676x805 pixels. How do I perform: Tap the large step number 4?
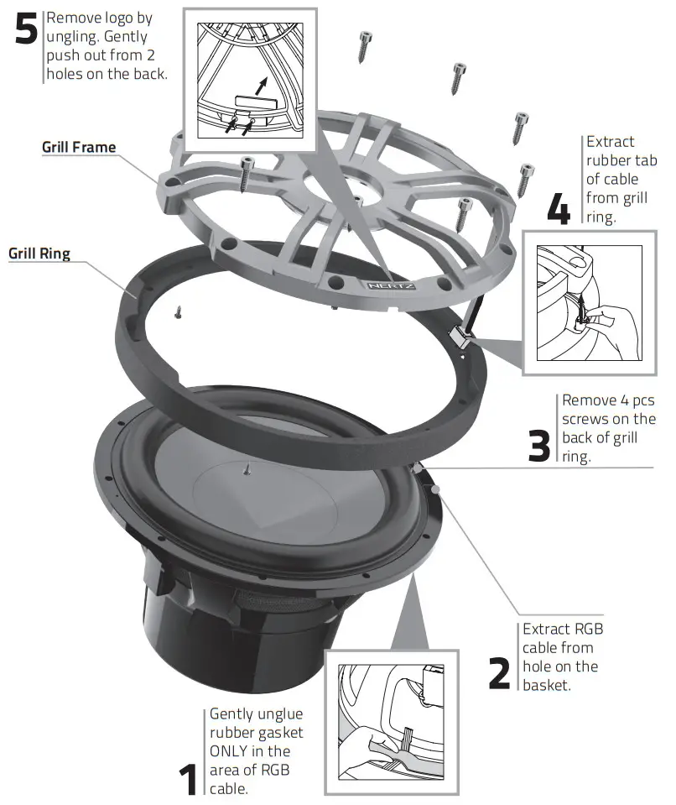tap(558, 208)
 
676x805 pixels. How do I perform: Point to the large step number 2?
tap(499, 671)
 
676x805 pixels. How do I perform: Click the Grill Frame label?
tap(79, 148)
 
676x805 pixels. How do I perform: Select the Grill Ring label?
tap(39, 253)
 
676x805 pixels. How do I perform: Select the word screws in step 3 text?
tap(585, 419)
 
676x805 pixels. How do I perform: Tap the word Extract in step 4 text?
tap(610, 142)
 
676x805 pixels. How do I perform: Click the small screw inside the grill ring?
tap(179, 313)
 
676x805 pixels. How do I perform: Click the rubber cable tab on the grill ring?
tap(459, 337)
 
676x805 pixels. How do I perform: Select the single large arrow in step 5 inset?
tap(264, 86)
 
